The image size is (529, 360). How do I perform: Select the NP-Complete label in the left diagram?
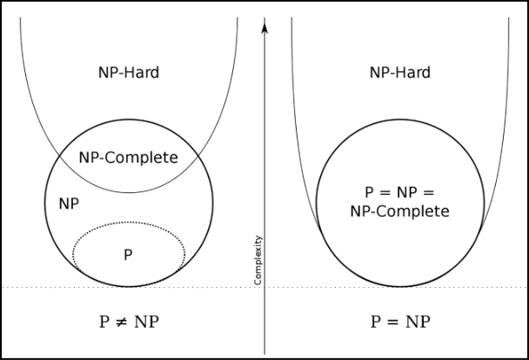tap(128, 157)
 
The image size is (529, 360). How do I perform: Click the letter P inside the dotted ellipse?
tap(128, 254)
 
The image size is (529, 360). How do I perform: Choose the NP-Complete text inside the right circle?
tap(399, 211)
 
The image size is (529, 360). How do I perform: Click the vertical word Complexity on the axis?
tap(258, 260)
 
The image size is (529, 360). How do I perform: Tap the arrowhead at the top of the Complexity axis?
tap(264, 23)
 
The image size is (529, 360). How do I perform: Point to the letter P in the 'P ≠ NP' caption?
tap(105, 321)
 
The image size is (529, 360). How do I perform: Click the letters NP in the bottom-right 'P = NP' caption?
tap(420, 321)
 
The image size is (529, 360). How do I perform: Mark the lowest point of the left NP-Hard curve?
tap(128, 192)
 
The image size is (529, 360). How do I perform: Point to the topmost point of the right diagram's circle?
tap(399, 119)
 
